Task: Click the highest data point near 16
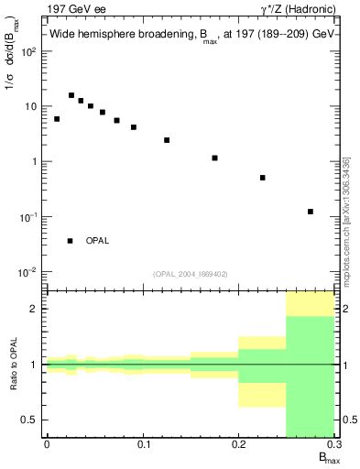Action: click(71, 95)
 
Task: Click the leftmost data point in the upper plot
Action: click(57, 119)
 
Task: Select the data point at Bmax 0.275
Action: click(311, 212)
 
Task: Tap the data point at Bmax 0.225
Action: click(263, 178)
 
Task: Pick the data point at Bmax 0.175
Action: click(214, 158)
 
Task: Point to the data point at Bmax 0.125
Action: click(167, 140)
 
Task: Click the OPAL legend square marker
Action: click(71, 241)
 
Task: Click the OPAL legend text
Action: click(97, 241)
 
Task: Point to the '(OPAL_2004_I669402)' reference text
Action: click(190, 274)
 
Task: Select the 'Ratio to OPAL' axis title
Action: click(14, 365)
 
